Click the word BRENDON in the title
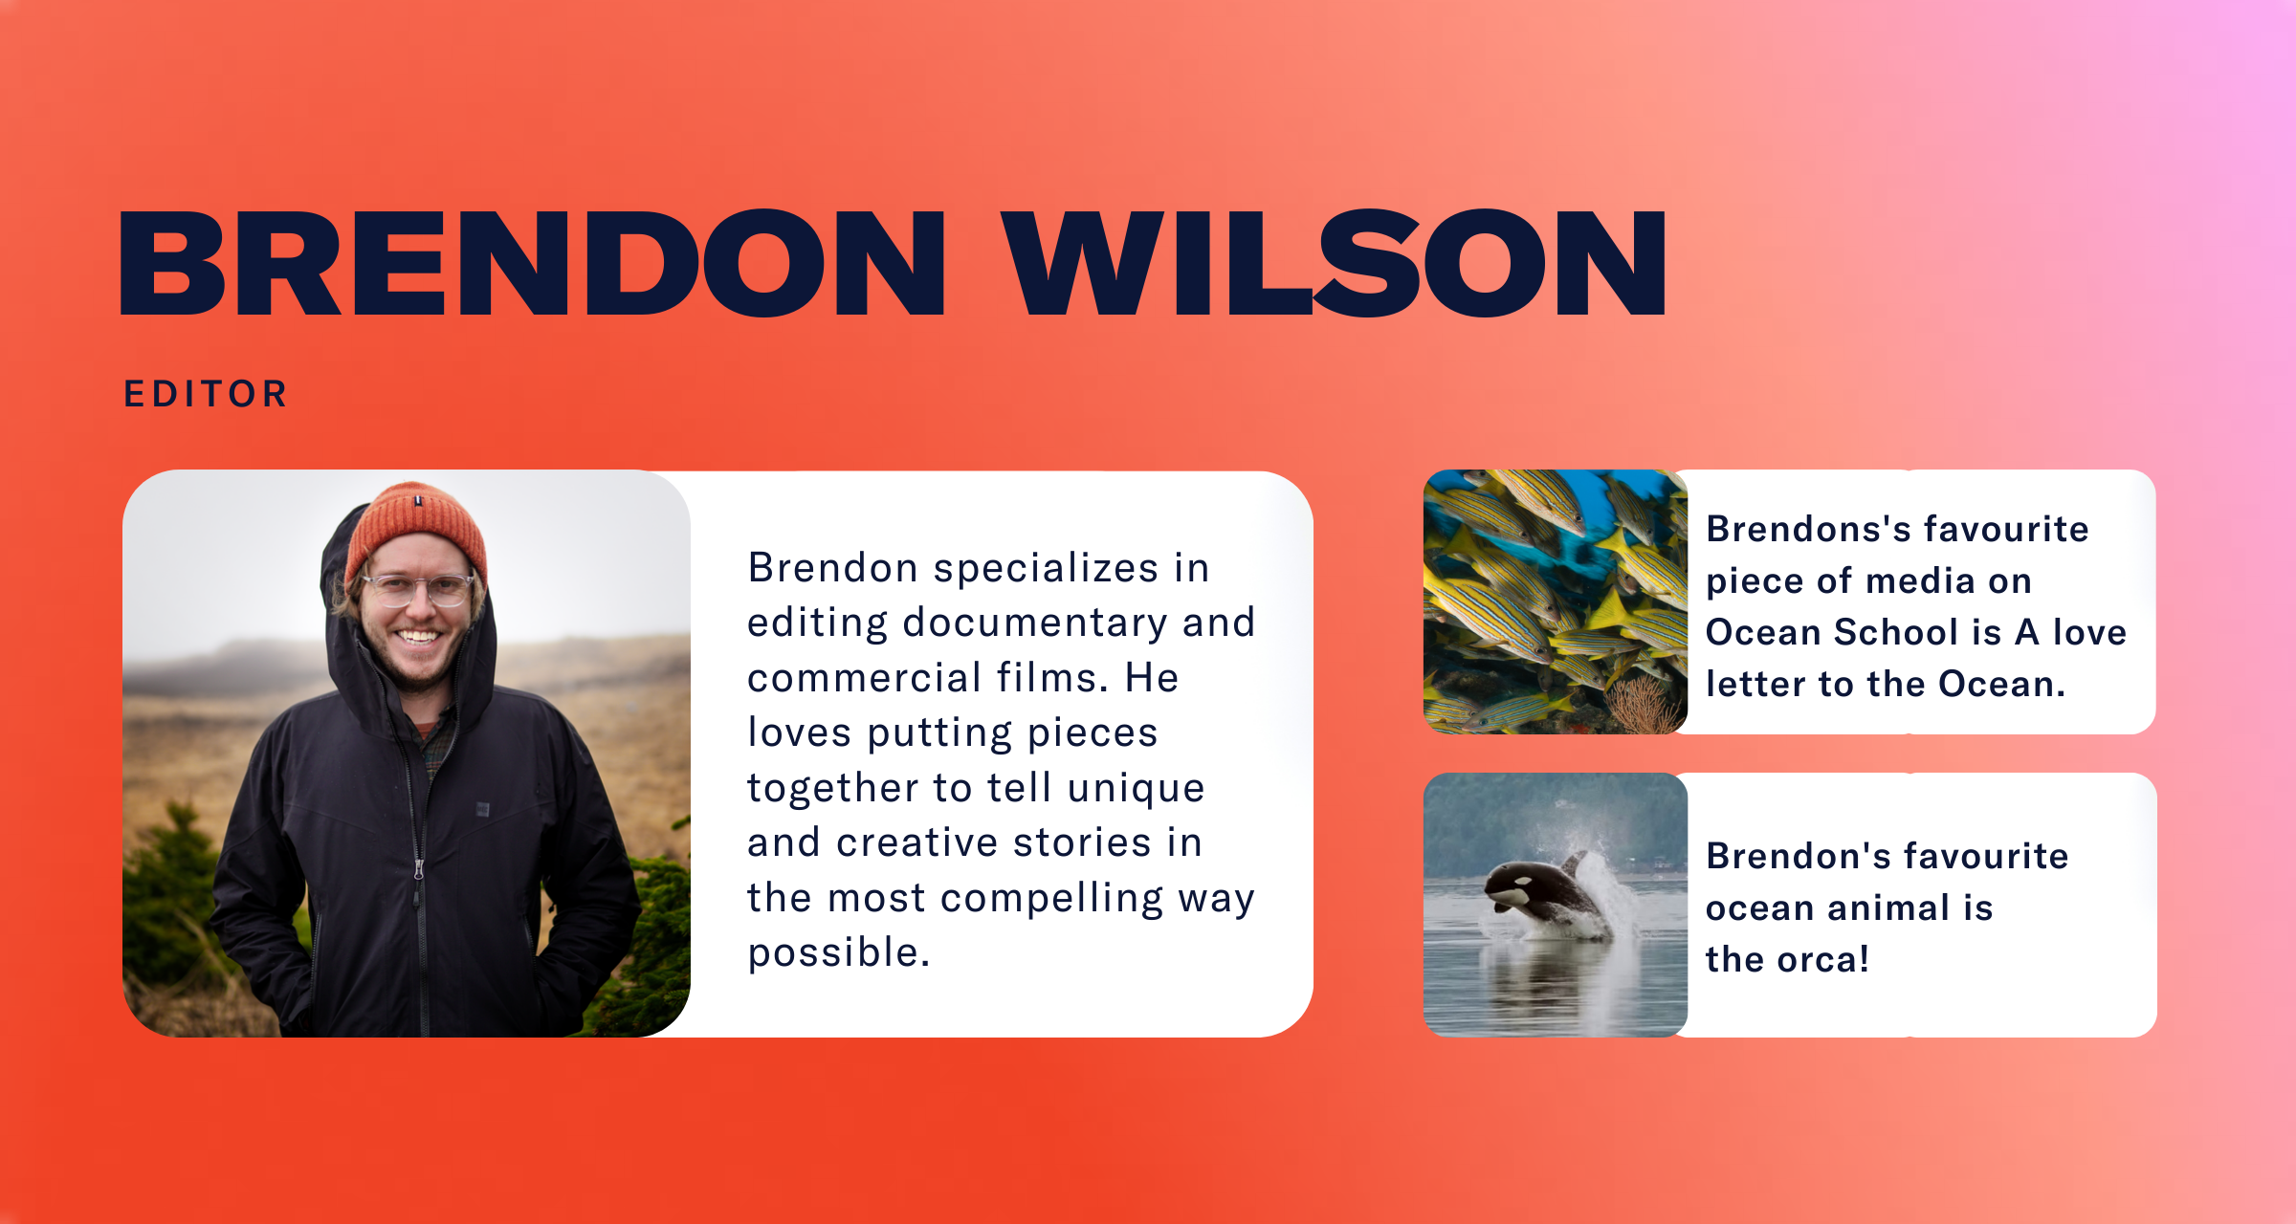[x=533, y=263]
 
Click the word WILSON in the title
[x=1335, y=263]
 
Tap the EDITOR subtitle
[x=206, y=394]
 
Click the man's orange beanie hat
[x=416, y=531]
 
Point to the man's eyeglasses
[x=418, y=589]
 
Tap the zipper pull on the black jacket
[x=418, y=870]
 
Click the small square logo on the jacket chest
[x=483, y=810]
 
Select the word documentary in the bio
[x=1035, y=623]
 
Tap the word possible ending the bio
[x=839, y=953]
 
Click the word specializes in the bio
[x=1046, y=569]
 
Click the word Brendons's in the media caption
[x=1807, y=529]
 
